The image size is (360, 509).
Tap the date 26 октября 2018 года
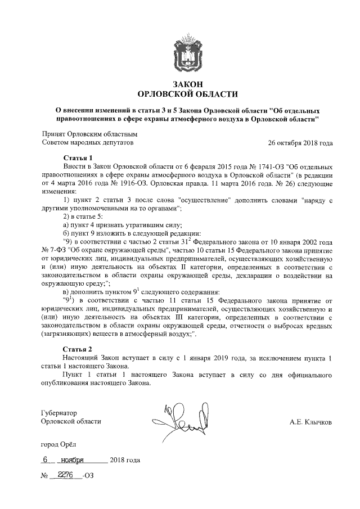point(300,143)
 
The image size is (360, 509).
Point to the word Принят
point(54,134)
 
